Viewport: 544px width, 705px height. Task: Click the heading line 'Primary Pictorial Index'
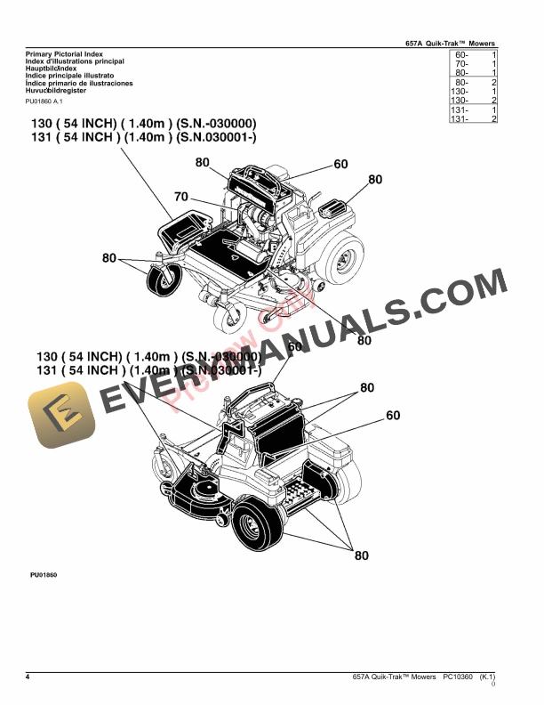pos(58,55)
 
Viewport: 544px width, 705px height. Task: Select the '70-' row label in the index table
pos(460,64)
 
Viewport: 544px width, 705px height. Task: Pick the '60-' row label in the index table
pos(460,55)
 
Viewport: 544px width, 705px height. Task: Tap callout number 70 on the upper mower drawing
pos(180,197)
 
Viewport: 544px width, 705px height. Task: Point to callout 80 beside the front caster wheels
pos(108,258)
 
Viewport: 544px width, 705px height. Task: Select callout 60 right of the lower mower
pos(393,415)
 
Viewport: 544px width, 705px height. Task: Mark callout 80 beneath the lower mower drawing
pos(361,556)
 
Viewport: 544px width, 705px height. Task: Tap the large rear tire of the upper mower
pos(340,257)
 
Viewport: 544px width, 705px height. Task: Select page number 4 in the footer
pos(28,678)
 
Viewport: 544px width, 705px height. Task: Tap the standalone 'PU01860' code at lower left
pos(44,576)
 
